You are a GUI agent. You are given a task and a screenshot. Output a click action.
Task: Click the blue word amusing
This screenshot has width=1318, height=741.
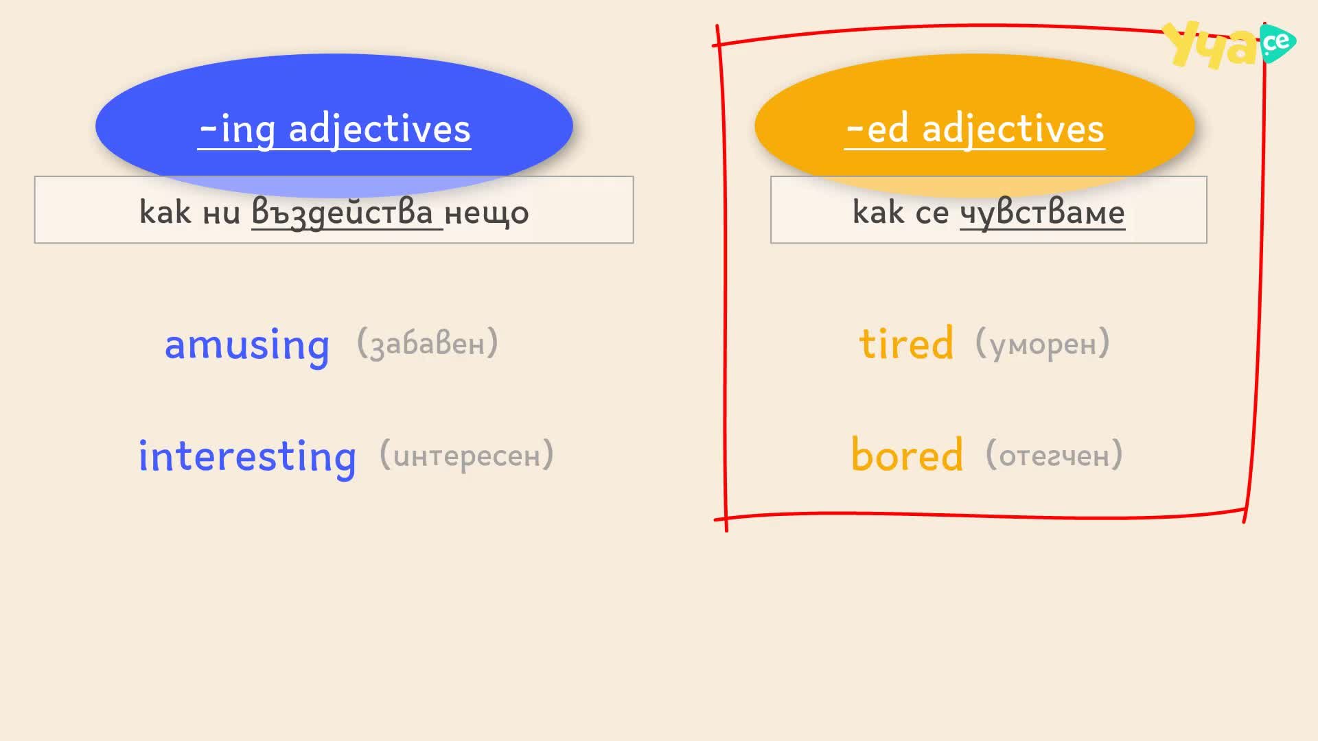pos(247,345)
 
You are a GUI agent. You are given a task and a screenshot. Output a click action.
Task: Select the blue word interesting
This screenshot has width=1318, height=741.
pos(247,456)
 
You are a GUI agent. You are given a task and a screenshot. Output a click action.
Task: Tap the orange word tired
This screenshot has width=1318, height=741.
pos(906,343)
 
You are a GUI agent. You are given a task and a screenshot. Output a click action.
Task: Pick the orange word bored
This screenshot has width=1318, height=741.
pos(907,454)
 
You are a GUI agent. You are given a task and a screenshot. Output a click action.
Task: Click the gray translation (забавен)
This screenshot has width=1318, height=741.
pos(428,343)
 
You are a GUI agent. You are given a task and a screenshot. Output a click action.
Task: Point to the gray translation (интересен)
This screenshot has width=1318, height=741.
pos(467,455)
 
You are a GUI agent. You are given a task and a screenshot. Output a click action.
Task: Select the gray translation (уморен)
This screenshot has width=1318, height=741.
pos(1043,343)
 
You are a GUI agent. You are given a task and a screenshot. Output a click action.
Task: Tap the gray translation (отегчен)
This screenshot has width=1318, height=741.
pos(1054,455)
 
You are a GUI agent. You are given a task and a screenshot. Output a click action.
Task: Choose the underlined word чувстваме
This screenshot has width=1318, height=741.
pos(1042,212)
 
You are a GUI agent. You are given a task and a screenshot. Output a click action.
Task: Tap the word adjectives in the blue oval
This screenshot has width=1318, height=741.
pos(380,129)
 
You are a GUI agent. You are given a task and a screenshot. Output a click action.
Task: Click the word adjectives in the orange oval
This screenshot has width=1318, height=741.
pos(1013,129)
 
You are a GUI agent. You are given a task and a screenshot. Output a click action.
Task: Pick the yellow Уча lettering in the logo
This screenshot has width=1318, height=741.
pos(1212,45)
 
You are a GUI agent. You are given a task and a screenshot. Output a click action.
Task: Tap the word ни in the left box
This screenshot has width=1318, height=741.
pos(222,213)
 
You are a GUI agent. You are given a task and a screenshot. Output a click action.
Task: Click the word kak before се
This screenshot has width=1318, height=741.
pos(878,211)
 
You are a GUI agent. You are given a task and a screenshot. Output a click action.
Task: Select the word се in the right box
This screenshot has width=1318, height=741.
pos(932,213)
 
